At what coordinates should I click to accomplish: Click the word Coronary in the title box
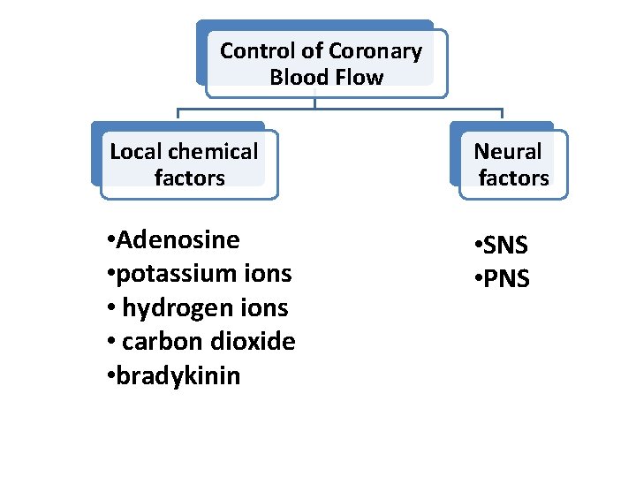click(375, 51)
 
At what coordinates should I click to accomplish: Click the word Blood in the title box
click(298, 78)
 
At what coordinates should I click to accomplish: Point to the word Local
click(134, 152)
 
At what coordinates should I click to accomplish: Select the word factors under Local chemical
click(189, 178)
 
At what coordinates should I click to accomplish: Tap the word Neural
click(507, 152)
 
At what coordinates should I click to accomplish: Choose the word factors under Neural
click(513, 178)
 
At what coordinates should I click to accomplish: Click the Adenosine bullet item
click(177, 240)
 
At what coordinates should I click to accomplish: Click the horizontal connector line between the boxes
click(397, 110)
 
